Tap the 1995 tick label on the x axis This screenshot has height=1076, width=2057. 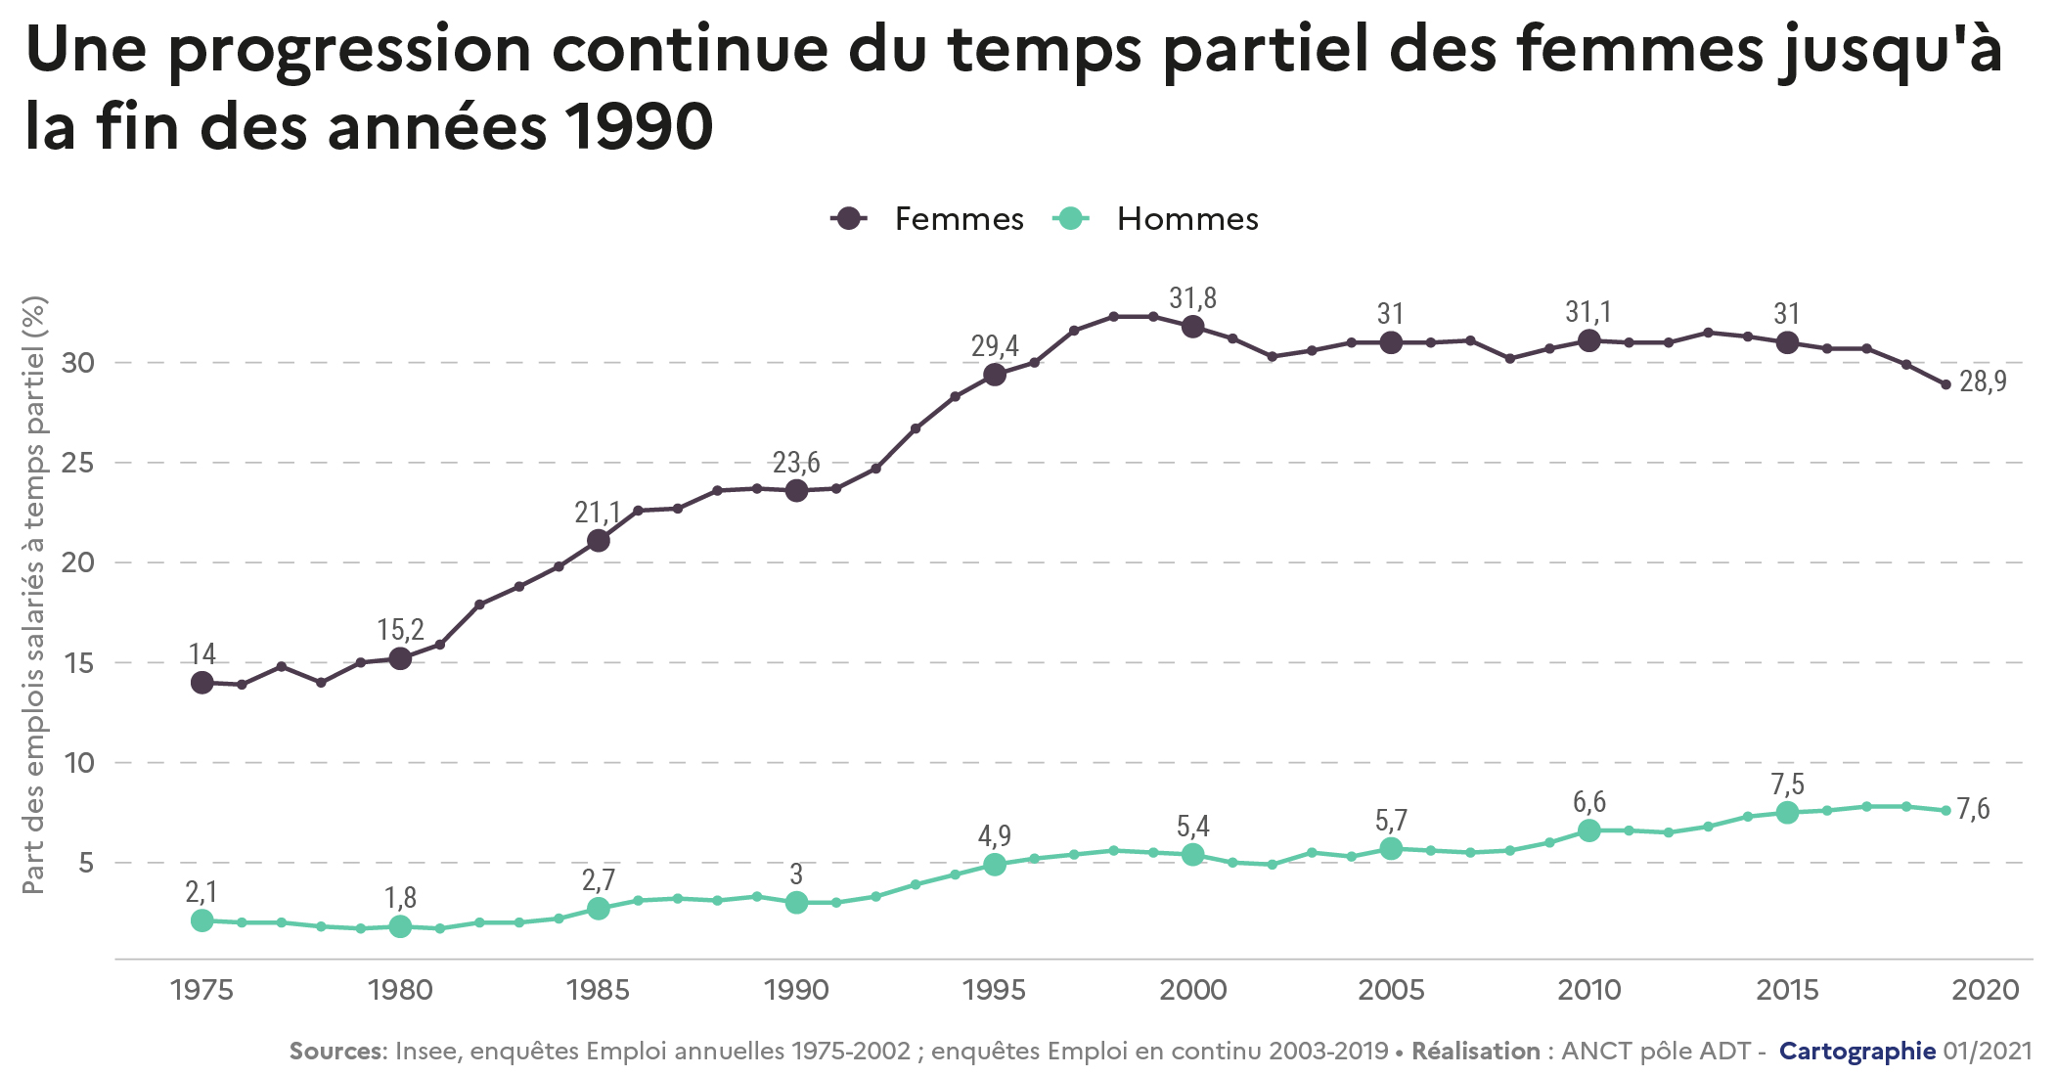point(994,990)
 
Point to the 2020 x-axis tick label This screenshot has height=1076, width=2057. point(1986,990)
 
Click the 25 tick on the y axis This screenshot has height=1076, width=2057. point(78,463)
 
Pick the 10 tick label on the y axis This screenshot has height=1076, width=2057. point(78,763)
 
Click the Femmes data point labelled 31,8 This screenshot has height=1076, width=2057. point(1192,327)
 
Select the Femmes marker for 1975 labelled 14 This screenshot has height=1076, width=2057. point(202,683)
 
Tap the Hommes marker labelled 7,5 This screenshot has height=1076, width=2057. point(1787,813)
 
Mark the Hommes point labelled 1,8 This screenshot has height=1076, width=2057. point(400,926)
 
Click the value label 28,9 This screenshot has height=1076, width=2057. point(1983,381)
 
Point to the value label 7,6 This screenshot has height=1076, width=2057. point(1973,809)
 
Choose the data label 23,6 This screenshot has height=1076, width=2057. point(796,463)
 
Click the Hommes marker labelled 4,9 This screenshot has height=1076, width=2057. point(995,865)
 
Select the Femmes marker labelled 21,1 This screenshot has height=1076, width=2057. point(599,541)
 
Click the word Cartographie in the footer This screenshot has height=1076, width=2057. point(1856,1052)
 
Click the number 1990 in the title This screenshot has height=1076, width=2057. point(640,127)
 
